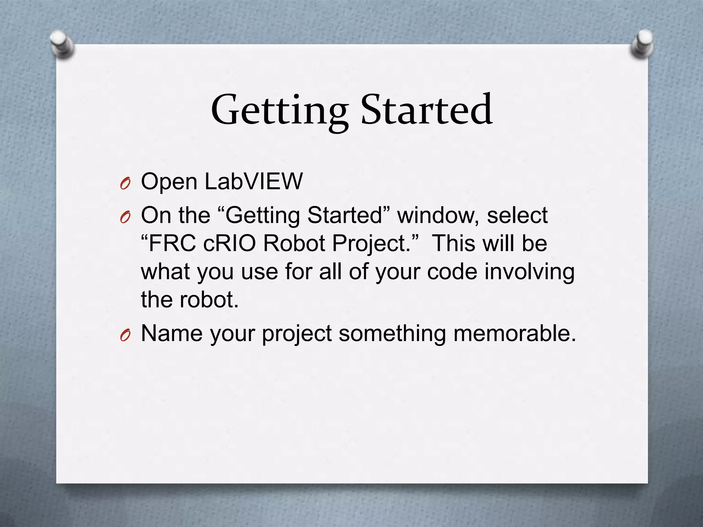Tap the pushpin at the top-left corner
pos(61,45)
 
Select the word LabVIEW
pos(254,181)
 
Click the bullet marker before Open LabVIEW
pos(125,185)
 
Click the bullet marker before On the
pos(125,218)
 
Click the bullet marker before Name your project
pos(125,336)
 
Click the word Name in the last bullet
pos(172,333)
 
